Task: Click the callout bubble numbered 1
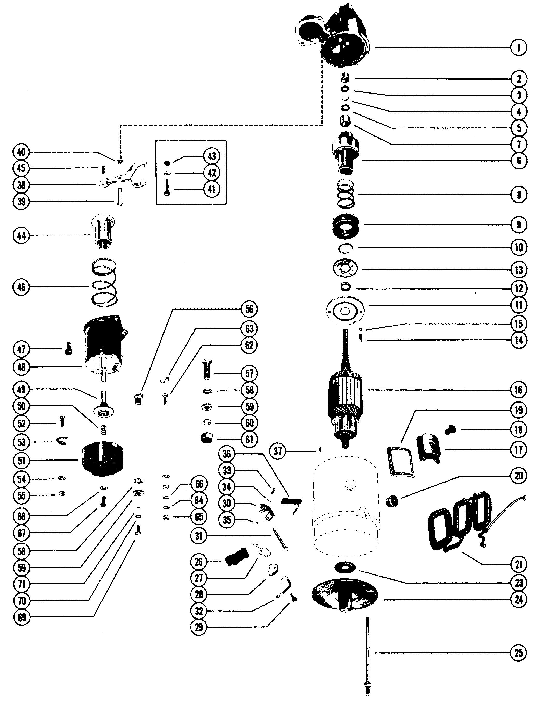click(518, 48)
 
